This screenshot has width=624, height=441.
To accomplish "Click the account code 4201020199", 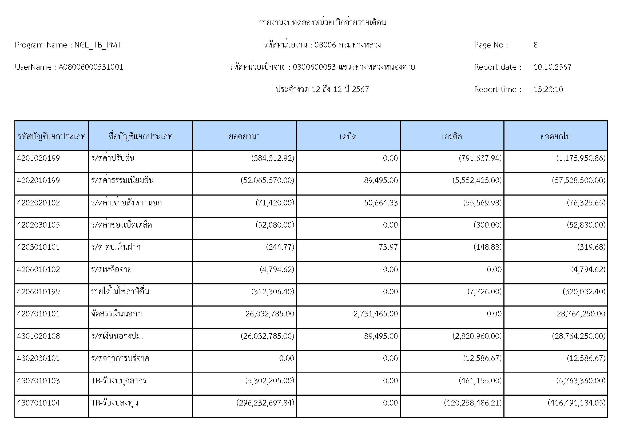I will (38, 158).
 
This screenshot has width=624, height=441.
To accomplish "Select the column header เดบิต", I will (348, 136).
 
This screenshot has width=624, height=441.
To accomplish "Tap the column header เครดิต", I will (452, 136).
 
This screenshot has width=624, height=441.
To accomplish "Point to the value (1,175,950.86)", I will (581, 158).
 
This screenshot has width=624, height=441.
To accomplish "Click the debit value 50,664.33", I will (381, 203).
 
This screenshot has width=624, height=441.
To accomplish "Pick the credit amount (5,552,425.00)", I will (477, 180).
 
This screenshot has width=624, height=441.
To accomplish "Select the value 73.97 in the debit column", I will (388, 247).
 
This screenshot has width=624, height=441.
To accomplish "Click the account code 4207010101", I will (38, 314).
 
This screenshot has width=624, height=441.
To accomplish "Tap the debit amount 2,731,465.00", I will (375, 314).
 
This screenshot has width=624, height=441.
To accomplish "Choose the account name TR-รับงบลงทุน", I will (115, 403).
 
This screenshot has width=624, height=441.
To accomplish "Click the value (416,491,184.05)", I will (577, 403).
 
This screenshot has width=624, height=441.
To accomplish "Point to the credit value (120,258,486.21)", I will (473, 403).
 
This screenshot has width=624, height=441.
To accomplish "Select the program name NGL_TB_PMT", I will (98, 45).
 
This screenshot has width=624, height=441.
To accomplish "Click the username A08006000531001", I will (91, 67).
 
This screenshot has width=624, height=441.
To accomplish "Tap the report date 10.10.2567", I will (552, 67).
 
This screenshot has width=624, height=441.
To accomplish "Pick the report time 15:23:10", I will (548, 89).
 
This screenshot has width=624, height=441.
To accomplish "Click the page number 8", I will (535, 45).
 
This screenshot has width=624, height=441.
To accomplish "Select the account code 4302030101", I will (38, 358).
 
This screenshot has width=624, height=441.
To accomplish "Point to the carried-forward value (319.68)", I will (591, 247).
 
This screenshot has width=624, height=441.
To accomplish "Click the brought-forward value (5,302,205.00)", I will (270, 380).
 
